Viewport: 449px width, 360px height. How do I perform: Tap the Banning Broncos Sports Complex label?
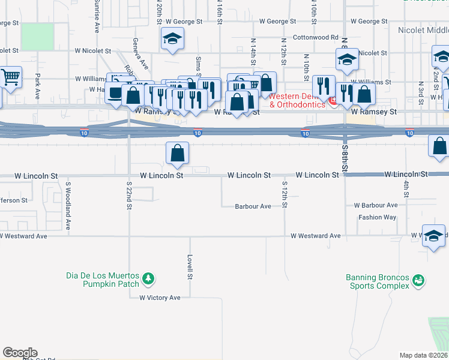click(377, 281)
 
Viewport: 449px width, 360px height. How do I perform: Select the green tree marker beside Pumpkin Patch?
click(148, 280)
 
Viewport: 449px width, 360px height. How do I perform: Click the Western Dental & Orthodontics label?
click(297, 100)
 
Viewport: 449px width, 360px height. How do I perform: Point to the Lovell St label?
click(189, 268)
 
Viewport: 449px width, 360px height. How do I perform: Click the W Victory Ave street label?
click(160, 298)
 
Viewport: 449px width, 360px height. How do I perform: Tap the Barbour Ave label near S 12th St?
click(252, 206)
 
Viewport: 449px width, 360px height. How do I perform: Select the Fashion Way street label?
click(377, 217)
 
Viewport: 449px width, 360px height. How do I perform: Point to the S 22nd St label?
click(129, 196)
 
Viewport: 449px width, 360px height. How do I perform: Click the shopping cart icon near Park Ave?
click(10, 77)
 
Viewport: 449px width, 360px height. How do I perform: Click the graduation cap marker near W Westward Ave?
click(434, 236)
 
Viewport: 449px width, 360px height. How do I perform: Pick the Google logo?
click(20, 353)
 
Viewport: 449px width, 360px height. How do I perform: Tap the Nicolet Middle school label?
click(423, 29)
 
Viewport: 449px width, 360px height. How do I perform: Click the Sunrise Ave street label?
click(96, 8)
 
